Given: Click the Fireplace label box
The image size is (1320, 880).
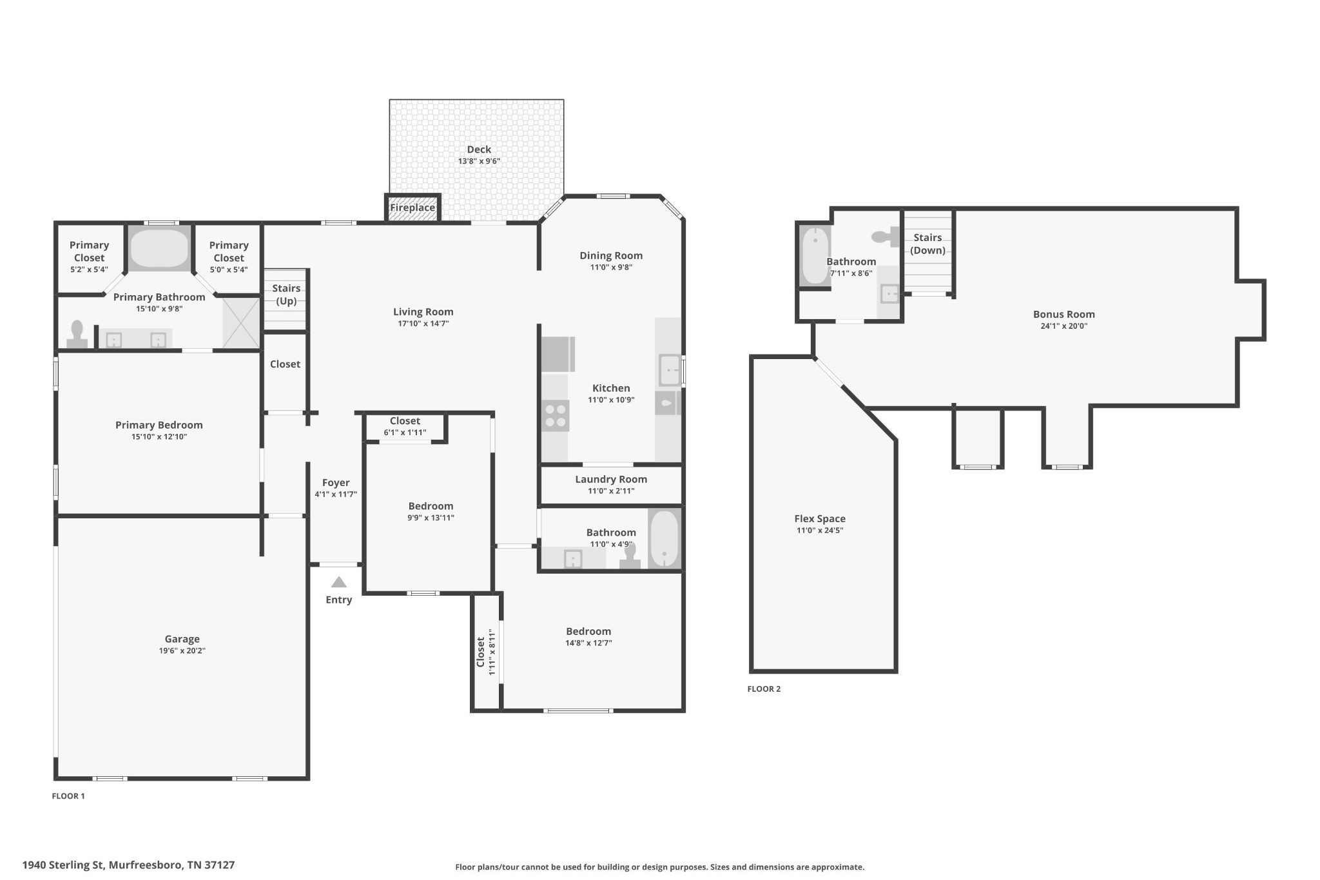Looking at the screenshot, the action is click(412, 208).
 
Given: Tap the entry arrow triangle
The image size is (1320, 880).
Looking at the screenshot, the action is click(339, 582).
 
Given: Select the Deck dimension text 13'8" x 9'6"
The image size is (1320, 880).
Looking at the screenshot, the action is click(479, 161).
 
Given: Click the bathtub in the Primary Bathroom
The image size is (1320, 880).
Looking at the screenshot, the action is click(159, 248).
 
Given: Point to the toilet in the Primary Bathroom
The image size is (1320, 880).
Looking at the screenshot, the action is click(77, 334).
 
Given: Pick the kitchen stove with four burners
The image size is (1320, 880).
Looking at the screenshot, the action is click(555, 415).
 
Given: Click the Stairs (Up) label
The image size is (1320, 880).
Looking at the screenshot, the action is click(286, 295).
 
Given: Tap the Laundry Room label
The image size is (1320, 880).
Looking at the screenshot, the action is click(611, 479).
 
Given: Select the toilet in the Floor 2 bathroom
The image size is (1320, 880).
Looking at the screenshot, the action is click(885, 237).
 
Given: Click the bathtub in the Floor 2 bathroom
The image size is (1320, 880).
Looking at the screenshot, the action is click(815, 255).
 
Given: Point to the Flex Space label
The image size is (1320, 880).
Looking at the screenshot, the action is click(820, 518).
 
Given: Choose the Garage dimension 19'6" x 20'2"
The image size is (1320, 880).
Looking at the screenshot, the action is click(182, 651).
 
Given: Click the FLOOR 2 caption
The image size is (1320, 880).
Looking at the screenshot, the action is click(764, 689).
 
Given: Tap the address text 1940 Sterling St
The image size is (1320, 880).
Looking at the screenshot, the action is click(63, 865).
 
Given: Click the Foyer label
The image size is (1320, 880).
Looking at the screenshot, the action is click(336, 483).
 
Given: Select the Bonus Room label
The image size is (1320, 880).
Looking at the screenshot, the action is click(1063, 315).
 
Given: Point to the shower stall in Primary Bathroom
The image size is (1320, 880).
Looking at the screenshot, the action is click(241, 323).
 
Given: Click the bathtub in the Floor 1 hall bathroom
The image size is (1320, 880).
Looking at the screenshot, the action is click(665, 538).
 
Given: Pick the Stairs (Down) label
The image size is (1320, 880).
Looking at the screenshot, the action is click(927, 244).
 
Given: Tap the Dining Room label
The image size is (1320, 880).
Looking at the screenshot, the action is click(611, 255).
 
